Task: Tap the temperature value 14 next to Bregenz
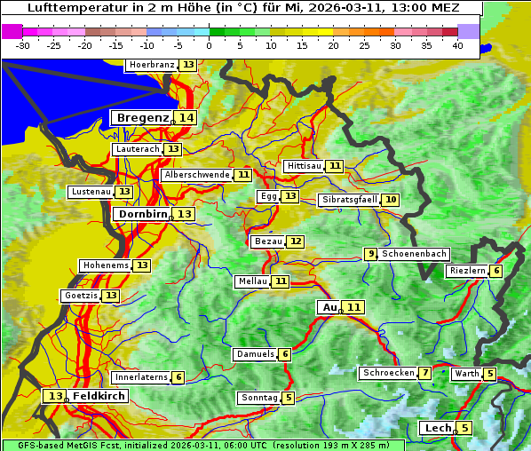tap(185, 118)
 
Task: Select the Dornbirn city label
tap(141, 214)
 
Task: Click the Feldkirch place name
tap(99, 396)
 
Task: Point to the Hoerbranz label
tap(151, 66)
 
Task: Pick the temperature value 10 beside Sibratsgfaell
tap(391, 200)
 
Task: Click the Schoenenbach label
tap(414, 254)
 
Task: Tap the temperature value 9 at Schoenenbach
tap(371, 254)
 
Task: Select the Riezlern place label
tap(467, 271)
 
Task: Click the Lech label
tap(439, 429)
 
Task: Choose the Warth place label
tap(466, 374)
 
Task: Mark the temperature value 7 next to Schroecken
tap(425, 373)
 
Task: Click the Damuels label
tap(255, 354)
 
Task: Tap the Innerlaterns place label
tap(141, 377)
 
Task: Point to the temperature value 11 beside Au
tap(353, 307)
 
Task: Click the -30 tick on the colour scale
tap(23, 44)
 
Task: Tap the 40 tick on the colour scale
tap(457, 44)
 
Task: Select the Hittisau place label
tap(305, 166)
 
